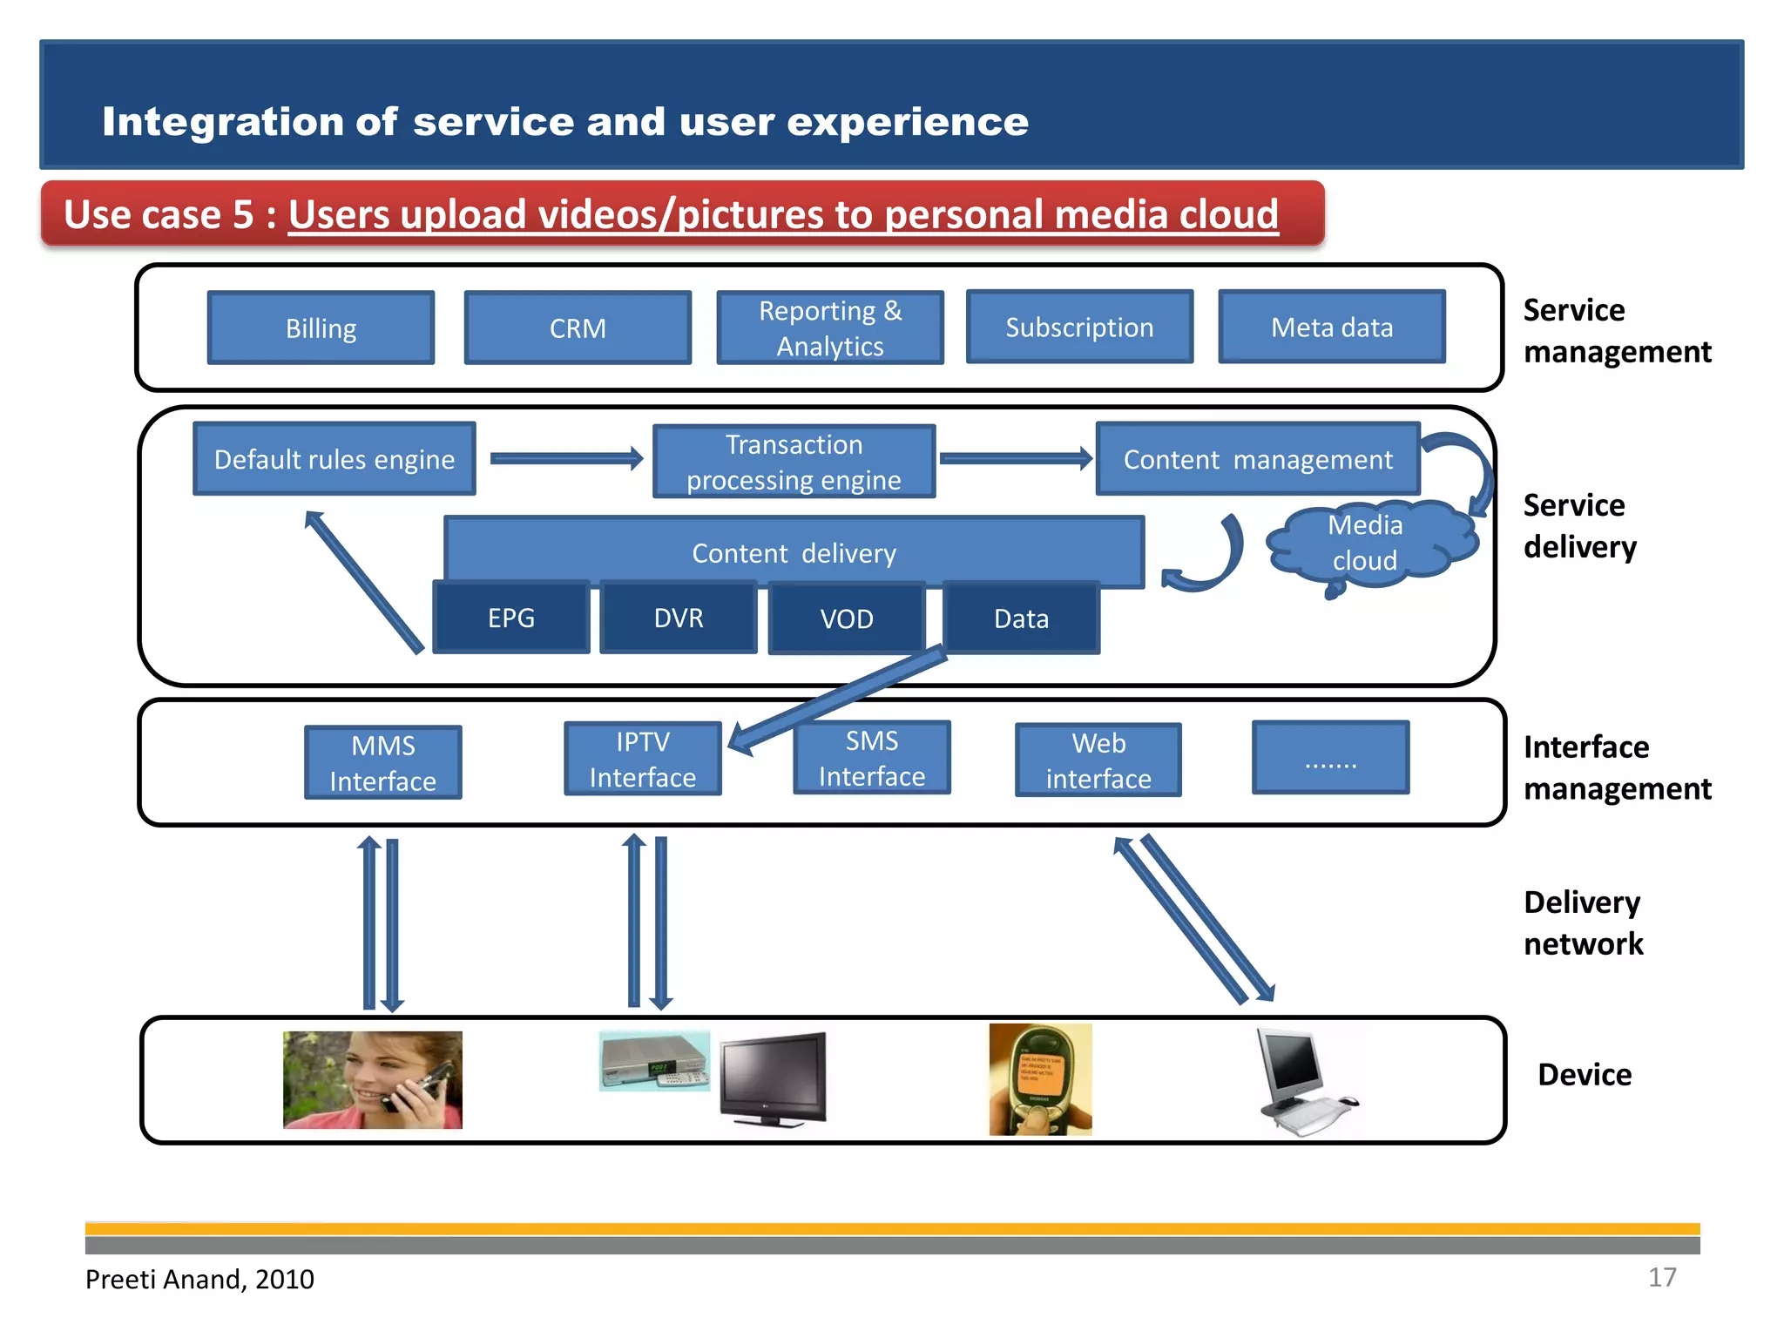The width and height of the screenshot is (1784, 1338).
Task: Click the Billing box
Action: pyautogui.click(x=321, y=328)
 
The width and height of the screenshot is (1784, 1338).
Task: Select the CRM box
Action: pyautogui.click(x=578, y=328)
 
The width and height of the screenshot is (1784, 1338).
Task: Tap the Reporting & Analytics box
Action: pyautogui.click(x=830, y=328)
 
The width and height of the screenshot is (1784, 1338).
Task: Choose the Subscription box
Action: pyautogui.click(x=1079, y=327)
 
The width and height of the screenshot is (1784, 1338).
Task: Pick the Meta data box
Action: pyautogui.click(x=1332, y=327)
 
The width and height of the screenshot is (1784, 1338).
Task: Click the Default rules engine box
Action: pyautogui.click(x=334, y=459)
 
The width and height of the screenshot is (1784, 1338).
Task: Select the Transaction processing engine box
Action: pyautogui.click(x=794, y=462)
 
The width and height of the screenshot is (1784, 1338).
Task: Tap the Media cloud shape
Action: pyautogui.click(x=1368, y=543)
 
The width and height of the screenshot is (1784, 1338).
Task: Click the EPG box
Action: pyautogui.click(x=511, y=618)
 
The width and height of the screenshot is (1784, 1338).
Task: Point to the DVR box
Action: pyautogui.click(x=679, y=618)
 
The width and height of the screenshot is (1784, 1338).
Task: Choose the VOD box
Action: pyautogui.click(x=847, y=618)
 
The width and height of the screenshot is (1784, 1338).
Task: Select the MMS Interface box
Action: pyautogui.click(x=383, y=763)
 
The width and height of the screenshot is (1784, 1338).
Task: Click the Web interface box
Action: pyautogui.click(x=1098, y=760)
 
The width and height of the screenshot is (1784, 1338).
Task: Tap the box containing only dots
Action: pyautogui.click(x=1330, y=758)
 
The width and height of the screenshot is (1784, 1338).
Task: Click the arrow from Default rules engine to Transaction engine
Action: pyautogui.click(x=566, y=458)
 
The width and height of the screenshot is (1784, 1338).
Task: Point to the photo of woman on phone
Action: pyautogui.click(x=373, y=1080)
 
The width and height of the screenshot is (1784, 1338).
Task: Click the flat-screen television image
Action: pyautogui.click(x=774, y=1078)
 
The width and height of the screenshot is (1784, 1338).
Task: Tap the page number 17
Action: pyautogui.click(x=1661, y=1277)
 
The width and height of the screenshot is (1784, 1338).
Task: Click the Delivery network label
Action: pyautogui.click(x=1583, y=923)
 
